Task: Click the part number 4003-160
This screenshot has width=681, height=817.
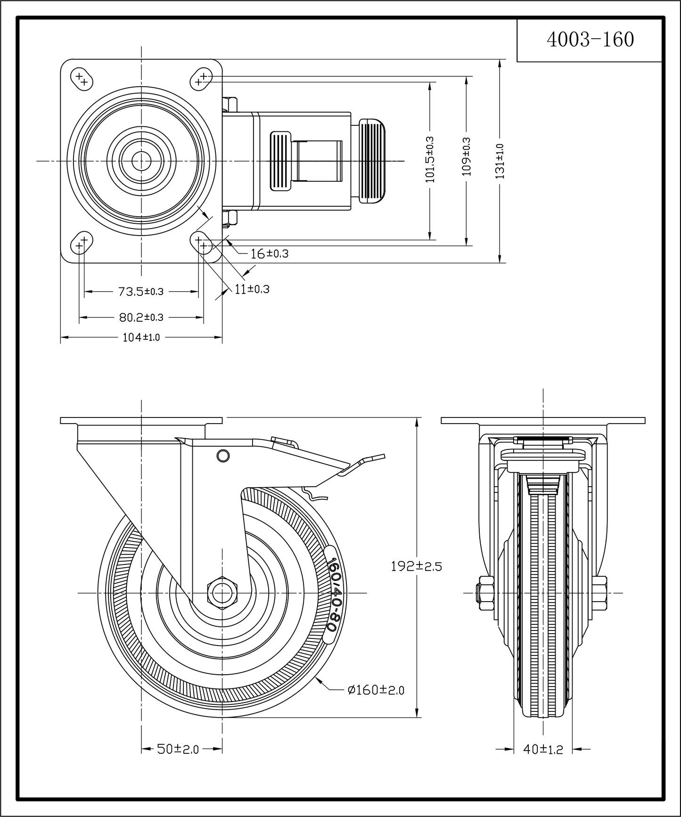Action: click(x=590, y=40)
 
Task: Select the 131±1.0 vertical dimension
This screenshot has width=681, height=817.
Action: click(x=500, y=161)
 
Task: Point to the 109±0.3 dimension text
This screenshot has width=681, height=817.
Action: click(x=466, y=156)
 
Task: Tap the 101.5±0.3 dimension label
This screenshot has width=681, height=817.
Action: click(x=430, y=159)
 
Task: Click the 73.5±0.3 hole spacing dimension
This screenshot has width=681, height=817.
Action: click(x=140, y=292)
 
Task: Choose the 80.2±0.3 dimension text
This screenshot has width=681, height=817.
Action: click(x=141, y=318)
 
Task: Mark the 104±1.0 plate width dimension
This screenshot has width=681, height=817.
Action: click(x=141, y=337)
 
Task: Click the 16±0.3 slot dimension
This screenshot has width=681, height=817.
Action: click(x=269, y=254)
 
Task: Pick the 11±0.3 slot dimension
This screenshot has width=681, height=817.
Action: click(x=252, y=289)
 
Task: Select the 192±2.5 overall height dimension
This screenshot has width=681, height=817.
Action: click(x=416, y=566)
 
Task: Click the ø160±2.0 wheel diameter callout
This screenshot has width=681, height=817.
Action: click(x=376, y=690)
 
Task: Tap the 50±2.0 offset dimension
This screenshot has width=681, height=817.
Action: click(x=178, y=749)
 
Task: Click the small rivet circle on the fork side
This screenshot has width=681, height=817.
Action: click(x=223, y=455)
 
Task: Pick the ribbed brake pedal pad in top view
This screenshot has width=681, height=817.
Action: click(x=372, y=161)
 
